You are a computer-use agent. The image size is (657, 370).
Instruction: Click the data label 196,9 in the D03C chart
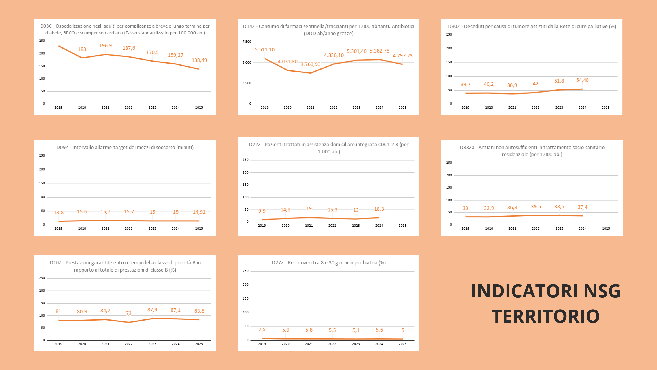click(x=105, y=46)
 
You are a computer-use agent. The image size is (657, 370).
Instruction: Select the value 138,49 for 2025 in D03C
click(x=199, y=60)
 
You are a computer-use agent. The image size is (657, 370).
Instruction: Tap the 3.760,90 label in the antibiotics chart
click(x=310, y=64)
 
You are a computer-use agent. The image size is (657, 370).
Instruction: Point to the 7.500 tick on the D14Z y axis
click(x=247, y=42)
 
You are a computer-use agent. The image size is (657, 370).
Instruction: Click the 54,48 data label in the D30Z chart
click(x=583, y=80)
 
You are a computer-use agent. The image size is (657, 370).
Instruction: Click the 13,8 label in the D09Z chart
click(x=59, y=213)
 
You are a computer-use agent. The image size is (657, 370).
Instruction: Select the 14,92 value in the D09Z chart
click(x=199, y=212)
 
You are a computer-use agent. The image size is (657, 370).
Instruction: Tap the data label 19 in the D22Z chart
click(x=309, y=209)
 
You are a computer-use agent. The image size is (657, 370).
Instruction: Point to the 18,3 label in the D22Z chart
click(x=379, y=209)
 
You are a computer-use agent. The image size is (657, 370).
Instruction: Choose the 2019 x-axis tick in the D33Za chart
click(x=465, y=229)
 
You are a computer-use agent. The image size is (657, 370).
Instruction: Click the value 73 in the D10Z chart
click(x=129, y=313)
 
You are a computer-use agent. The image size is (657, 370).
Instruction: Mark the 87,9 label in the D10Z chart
click(x=152, y=310)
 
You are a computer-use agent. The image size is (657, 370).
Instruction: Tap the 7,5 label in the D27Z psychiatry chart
click(x=262, y=330)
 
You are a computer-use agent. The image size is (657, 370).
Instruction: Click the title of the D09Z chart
click(x=125, y=147)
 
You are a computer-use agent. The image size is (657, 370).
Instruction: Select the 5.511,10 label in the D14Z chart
click(x=265, y=50)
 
